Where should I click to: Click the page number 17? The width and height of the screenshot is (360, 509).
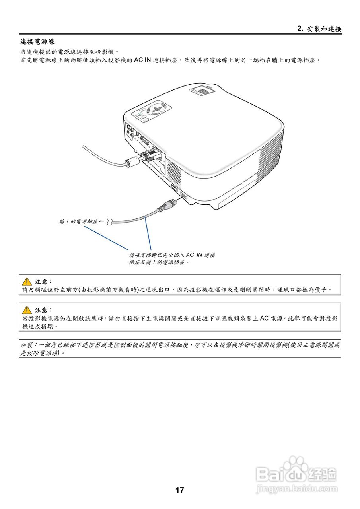coord(180,490)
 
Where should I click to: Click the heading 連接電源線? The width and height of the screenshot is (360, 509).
coord(37,41)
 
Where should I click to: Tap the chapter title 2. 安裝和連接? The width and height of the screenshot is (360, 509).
coord(319,29)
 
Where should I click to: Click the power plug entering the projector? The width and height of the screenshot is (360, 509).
coord(166,205)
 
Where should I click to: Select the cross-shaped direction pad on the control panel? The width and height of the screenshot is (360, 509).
coord(158,109)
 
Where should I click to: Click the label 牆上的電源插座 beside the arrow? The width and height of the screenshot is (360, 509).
coord(78,221)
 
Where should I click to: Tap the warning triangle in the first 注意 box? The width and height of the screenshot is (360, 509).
coord(27,281)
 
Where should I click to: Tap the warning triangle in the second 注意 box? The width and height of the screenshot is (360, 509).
coord(27,310)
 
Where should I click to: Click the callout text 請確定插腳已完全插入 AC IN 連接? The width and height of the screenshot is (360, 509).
coord(172,255)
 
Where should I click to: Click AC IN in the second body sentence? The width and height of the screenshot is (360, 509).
coord(142,60)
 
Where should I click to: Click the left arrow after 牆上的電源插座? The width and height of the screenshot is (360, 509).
coord(101,221)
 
